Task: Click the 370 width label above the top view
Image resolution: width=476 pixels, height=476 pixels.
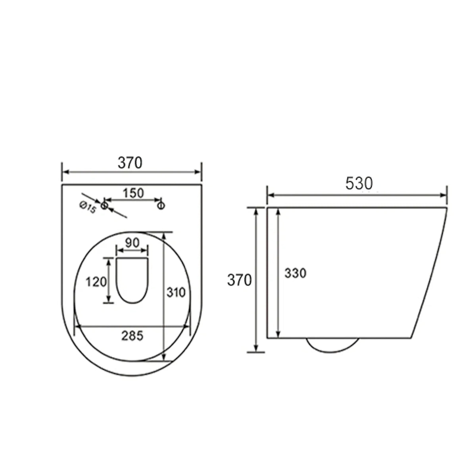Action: coord(130,163)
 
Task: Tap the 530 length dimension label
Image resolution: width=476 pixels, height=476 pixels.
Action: coord(359,184)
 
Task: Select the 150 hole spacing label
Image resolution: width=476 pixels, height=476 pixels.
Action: coord(133,193)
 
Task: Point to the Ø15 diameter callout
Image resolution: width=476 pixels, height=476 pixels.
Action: coord(88,207)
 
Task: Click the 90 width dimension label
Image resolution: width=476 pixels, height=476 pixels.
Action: coord(132,243)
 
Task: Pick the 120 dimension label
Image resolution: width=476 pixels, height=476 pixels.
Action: coord(96,282)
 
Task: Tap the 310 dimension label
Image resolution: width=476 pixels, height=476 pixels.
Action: coord(176,293)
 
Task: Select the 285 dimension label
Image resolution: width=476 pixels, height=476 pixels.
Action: coord(132,336)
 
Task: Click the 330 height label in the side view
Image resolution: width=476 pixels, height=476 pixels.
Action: coord(296,273)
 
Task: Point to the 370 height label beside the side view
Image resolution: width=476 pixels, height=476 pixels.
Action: coord(239,280)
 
